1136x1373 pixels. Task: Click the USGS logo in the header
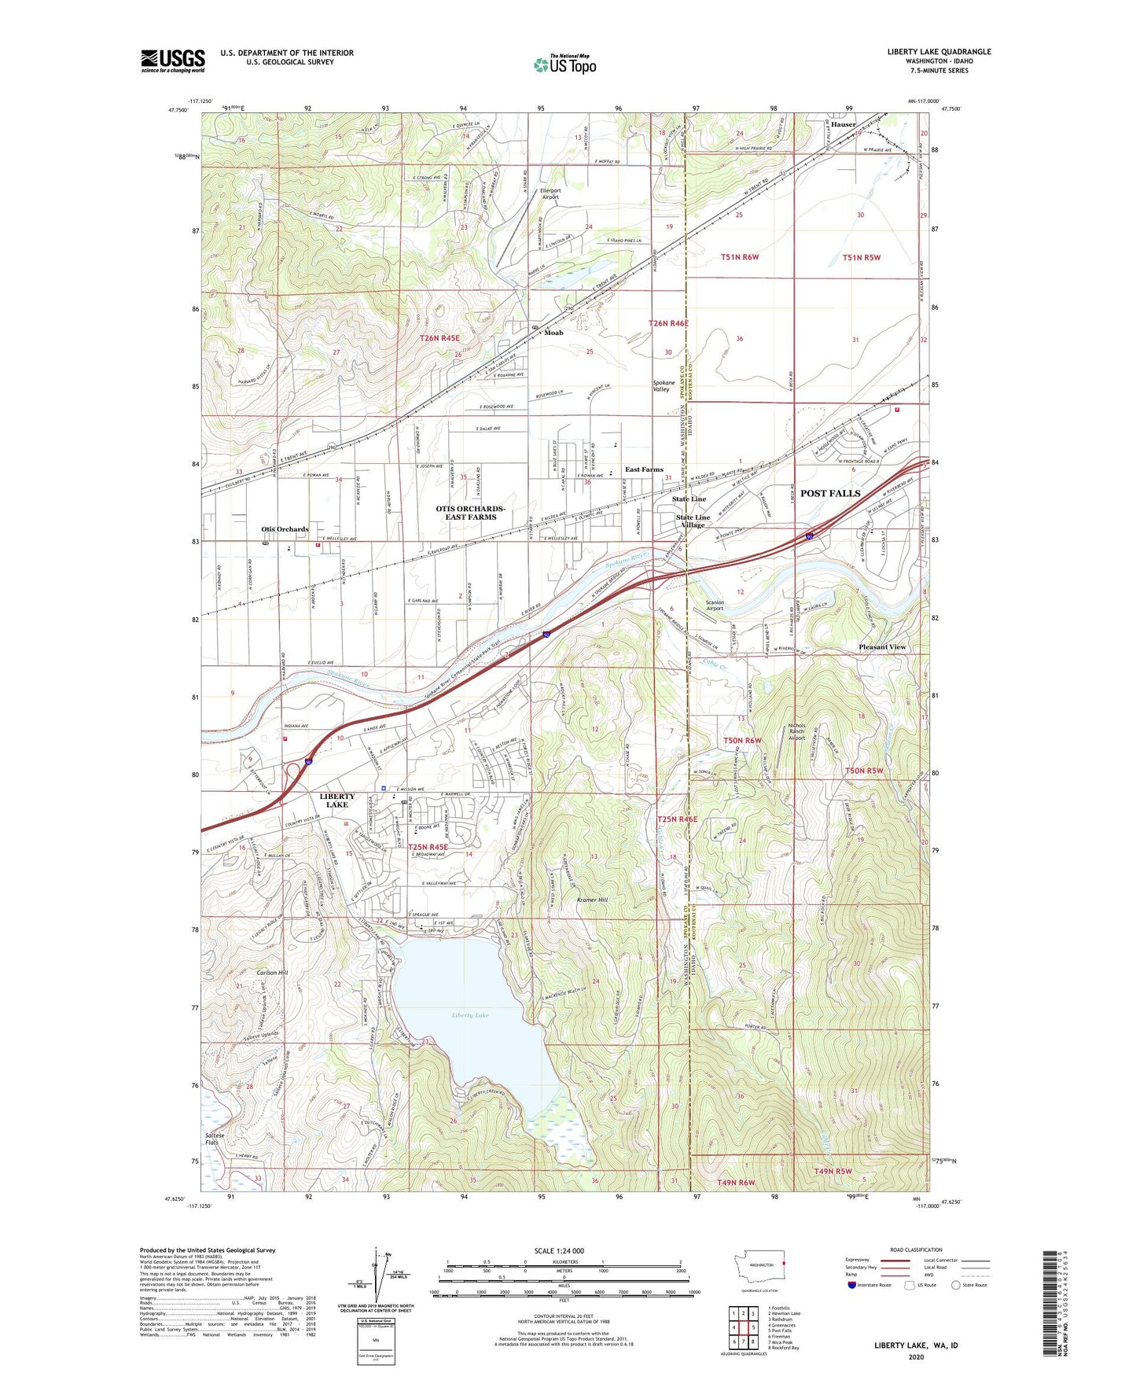173,61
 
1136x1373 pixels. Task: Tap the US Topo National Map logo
564,64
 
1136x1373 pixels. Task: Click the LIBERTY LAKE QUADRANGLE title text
939,52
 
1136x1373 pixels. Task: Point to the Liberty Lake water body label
470,1015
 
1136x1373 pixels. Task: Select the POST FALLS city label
830,493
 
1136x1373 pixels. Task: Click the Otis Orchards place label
285,529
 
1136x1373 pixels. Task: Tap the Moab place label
553,333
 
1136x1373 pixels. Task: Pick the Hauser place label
844,124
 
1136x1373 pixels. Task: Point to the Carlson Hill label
273,973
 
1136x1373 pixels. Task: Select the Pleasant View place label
882,647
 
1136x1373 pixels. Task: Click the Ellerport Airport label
550,193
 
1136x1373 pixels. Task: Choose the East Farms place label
644,469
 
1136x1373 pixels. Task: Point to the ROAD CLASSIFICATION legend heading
916,1250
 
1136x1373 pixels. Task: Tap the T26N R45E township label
439,338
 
